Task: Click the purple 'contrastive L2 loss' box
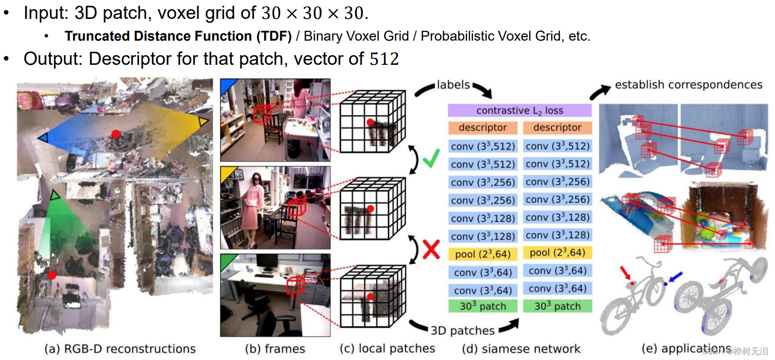(x=519, y=110)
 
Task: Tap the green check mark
(x=431, y=158)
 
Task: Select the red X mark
(x=431, y=250)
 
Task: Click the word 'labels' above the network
(x=453, y=85)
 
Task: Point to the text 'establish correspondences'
(x=688, y=85)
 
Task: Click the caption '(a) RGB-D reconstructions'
(x=120, y=349)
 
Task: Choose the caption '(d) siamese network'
(x=521, y=349)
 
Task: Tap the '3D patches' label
(x=462, y=330)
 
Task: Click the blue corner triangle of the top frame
(x=227, y=86)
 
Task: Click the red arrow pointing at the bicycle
(x=625, y=272)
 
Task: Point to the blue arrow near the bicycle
(x=675, y=277)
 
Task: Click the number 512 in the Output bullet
(x=384, y=59)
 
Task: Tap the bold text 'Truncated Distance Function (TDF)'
(x=178, y=36)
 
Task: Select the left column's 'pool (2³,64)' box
(x=483, y=254)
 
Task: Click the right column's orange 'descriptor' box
(x=557, y=128)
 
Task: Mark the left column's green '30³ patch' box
(x=483, y=306)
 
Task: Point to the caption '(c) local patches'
(x=387, y=349)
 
